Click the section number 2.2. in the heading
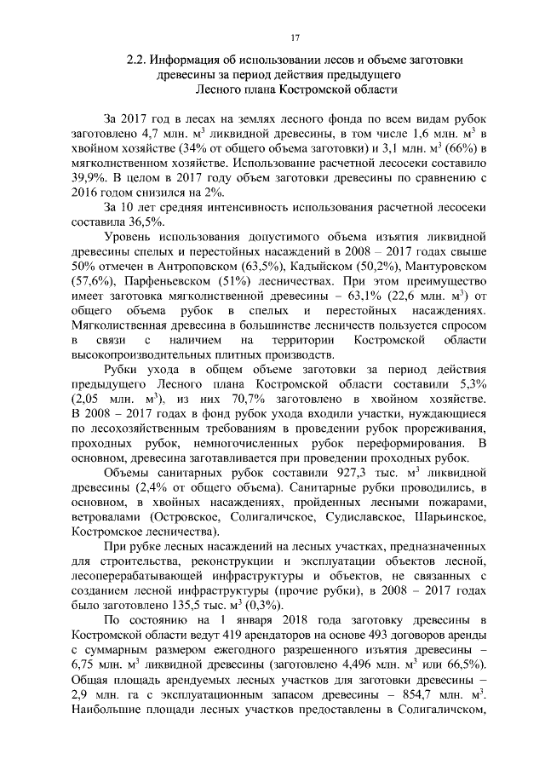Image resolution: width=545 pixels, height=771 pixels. (137, 60)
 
